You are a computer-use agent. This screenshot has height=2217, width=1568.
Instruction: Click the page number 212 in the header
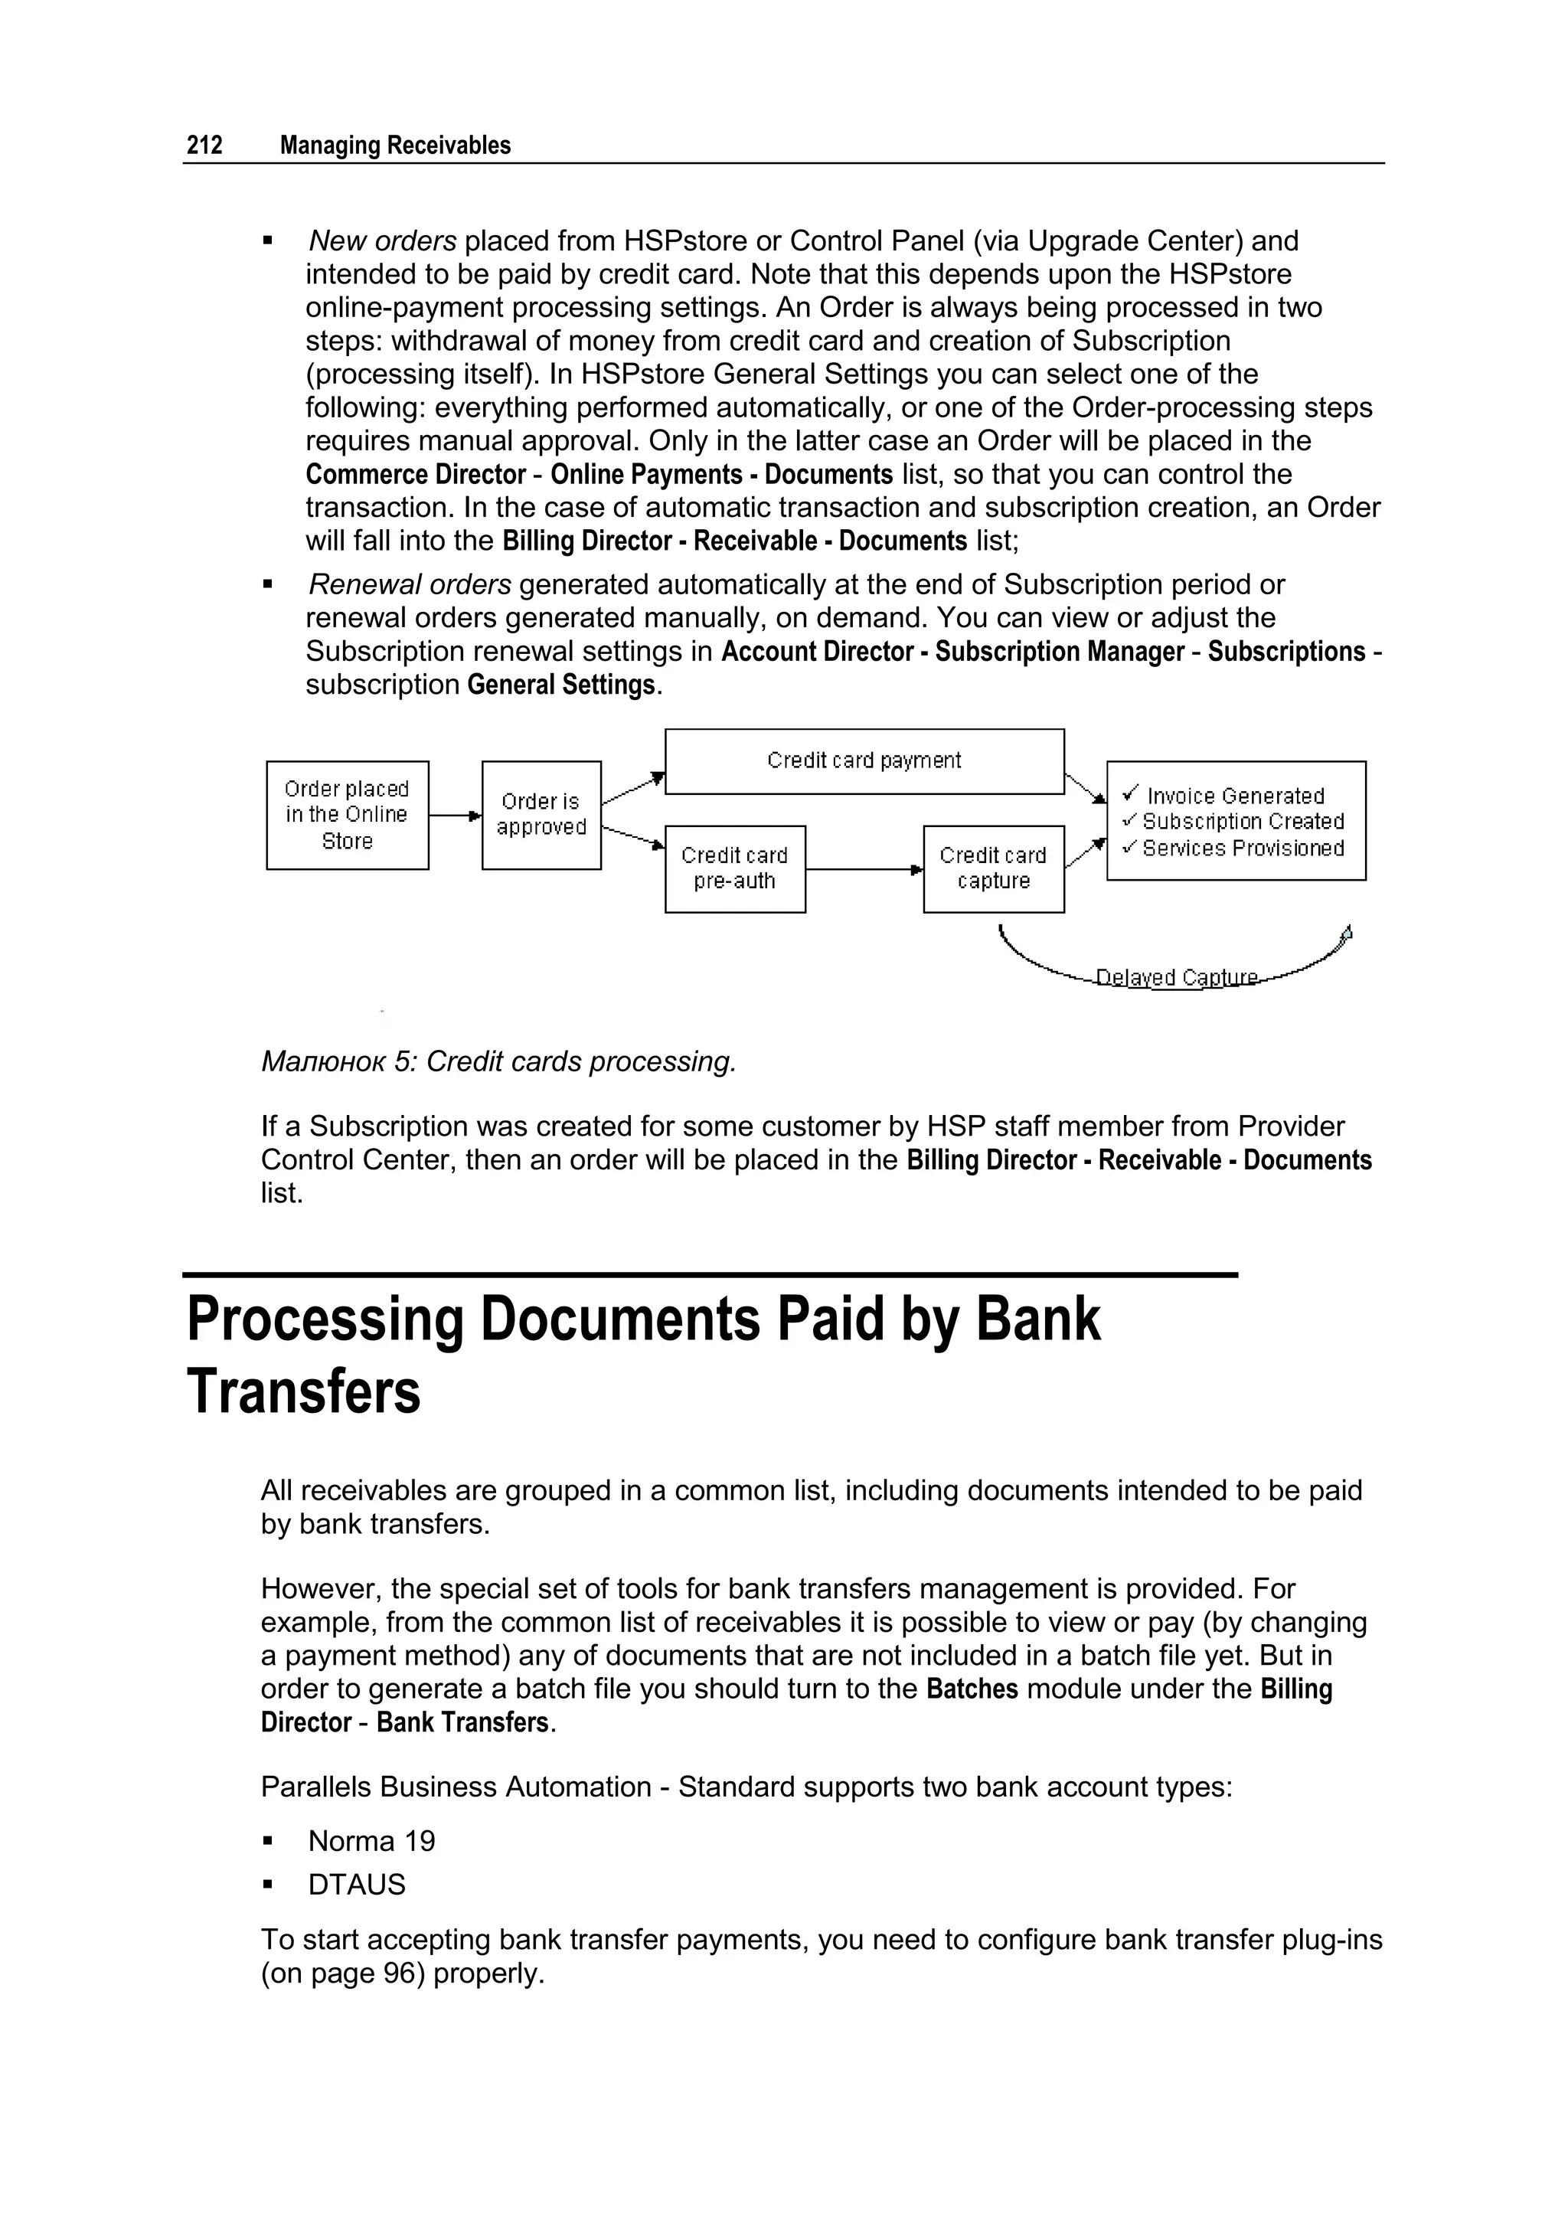click(204, 146)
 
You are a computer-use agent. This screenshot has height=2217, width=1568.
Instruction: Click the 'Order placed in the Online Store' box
click(348, 815)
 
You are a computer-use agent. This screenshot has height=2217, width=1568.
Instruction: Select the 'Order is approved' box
click(541, 815)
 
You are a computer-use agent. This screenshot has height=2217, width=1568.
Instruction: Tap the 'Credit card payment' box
click(864, 761)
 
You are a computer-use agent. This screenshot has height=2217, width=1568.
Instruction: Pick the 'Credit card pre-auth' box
click(735, 868)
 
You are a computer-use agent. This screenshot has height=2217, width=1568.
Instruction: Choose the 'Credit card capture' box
click(994, 868)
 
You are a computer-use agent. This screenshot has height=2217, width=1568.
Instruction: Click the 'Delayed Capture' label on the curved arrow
click(1177, 978)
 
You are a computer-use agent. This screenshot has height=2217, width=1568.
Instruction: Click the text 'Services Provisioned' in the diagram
click(1243, 848)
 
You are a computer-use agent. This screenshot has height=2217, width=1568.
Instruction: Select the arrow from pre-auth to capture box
click(864, 870)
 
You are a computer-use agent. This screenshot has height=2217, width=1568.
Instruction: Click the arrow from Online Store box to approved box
click(455, 816)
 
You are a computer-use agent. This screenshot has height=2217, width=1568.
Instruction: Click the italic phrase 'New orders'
click(382, 240)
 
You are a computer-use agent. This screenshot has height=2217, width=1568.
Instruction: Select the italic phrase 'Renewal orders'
click(410, 584)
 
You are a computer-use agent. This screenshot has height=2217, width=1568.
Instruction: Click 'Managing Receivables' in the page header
click(395, 146)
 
